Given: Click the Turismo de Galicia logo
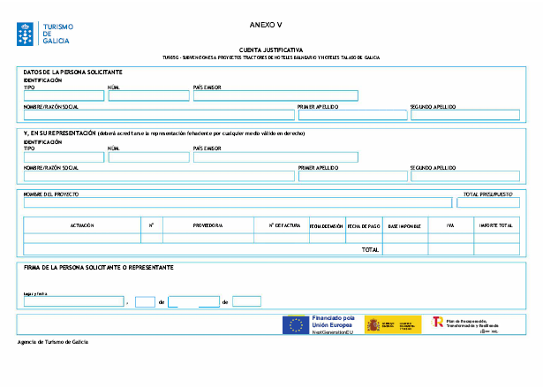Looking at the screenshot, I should click(x=43, y=34).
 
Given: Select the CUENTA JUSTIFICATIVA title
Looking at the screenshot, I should click(x=271, y=50).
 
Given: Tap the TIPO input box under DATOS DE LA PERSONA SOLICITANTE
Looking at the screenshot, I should click(x=63, y=95).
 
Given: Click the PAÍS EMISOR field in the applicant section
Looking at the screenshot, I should click(x=275, y=95).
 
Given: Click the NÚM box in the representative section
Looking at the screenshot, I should click(x=147, y=157).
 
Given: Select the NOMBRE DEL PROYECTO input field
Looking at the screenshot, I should click(x=238, y=202).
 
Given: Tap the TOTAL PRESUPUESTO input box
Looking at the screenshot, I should click(x=487, y=202).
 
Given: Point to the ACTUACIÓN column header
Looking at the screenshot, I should click(x=82, y=226).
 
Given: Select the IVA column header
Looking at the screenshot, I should click(x=449, y=226).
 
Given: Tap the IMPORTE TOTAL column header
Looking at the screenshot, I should click(x=494, y=226).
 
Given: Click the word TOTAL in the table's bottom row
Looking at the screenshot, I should click(x=370, y=250).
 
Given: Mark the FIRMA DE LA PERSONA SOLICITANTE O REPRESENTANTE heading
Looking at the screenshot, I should click(x=98, y=267).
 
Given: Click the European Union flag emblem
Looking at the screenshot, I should click(x=295, y=324).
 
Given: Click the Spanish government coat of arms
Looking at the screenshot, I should click(x=374, y=324).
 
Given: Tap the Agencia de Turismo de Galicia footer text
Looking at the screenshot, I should click(x=53, y=342).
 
